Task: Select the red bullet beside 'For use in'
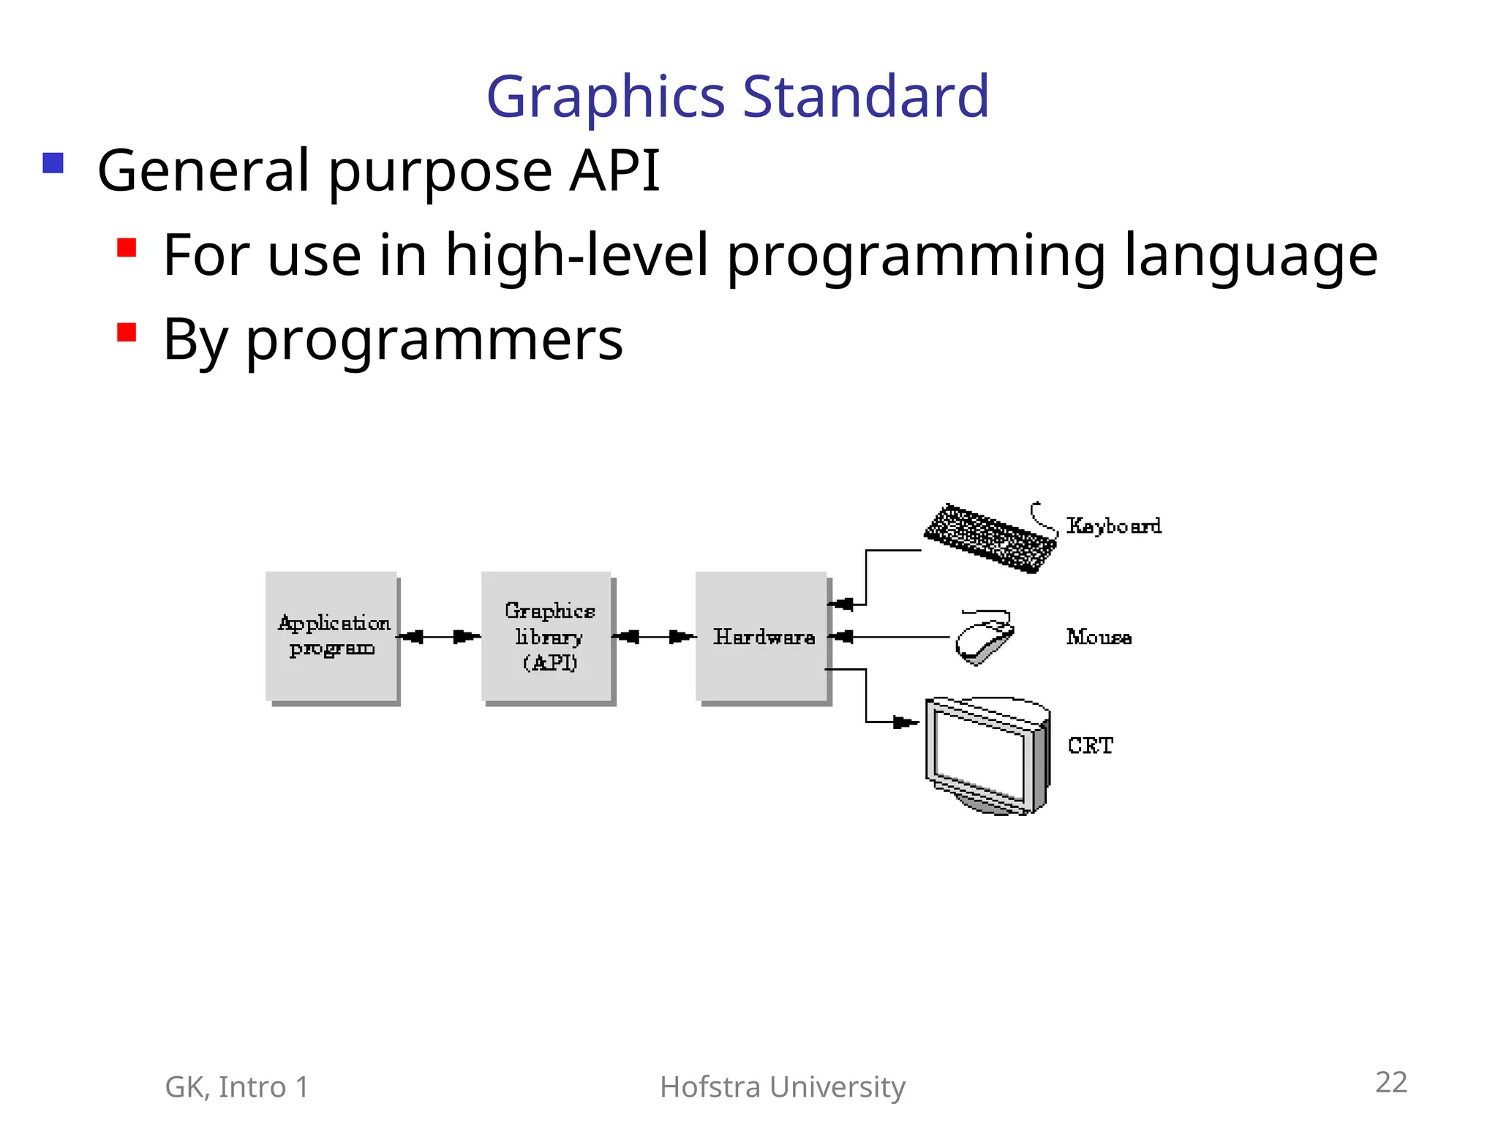127,248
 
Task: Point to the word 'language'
1250,256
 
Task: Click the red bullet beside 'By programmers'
127,333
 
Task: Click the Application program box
331,636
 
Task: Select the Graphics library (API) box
547,636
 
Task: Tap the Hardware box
762,636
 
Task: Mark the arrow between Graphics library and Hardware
653,637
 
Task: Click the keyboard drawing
990,538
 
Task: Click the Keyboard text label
1113,526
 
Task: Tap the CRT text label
1090,746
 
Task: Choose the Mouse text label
1099,638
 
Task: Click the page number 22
1390,1082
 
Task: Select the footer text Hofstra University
782,1087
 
